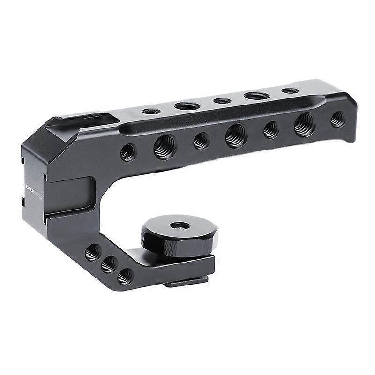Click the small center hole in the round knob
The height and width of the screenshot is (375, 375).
180,225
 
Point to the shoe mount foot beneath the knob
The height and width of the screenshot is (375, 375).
187,282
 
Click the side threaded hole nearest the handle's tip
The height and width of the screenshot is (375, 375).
337,119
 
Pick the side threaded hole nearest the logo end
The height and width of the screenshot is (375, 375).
127,152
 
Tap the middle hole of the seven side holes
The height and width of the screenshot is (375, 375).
236,135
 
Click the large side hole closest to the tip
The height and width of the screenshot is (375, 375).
305,125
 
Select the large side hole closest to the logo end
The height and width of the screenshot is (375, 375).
165,146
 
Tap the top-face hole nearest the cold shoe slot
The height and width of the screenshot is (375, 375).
151,112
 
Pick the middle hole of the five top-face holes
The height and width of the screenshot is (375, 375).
222,100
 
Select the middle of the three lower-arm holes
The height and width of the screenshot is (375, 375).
109,265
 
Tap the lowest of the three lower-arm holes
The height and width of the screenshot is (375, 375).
125,277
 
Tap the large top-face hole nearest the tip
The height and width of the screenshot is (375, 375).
256,96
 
